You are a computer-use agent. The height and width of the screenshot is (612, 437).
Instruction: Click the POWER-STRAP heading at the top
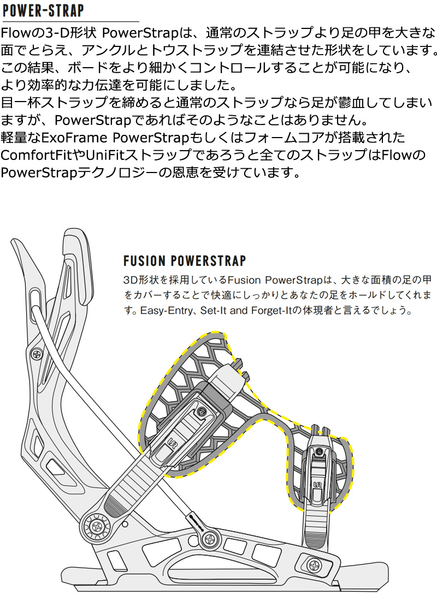click(43, 10)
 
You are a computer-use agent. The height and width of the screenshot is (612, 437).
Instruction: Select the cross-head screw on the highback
click(37, 354)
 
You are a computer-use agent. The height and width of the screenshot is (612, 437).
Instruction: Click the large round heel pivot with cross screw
click(95, 527)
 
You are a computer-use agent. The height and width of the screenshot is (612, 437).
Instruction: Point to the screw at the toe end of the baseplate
click(315, 565)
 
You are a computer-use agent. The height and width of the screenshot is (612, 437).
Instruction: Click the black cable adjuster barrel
click(195, 521)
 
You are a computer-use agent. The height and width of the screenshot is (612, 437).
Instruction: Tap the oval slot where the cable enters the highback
click(36, 298)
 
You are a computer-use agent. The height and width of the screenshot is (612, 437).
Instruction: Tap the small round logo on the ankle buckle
click(202, 412)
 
